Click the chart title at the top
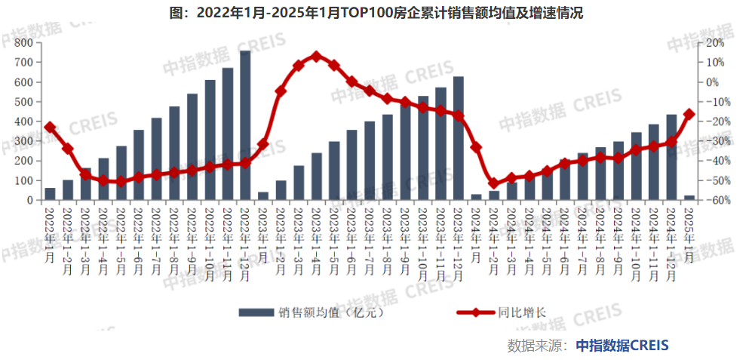pos(376,13)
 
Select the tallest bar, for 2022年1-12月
pos(245,125)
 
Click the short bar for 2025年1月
pos(689,198)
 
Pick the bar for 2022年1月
pos(50,194)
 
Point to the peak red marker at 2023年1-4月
pos(316,56)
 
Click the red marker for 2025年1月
pos(689,114)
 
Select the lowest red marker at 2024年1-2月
pos(493,183)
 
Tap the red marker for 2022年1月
pos(50,128)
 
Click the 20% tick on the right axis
pos(713,42)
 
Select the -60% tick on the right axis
pos(712,201)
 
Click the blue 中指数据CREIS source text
pos(622,345)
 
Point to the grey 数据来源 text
pos(536,345)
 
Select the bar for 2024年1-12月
pos(671,157)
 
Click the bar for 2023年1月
pos(262,196)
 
